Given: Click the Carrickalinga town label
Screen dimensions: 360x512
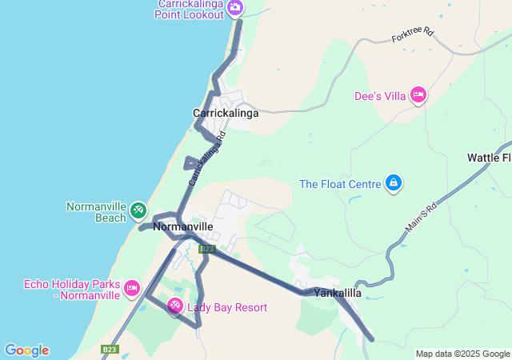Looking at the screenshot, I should [226, 114].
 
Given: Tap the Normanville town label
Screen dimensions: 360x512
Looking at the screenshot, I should [182, 227].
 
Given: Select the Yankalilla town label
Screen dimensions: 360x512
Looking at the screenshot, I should [338, 294].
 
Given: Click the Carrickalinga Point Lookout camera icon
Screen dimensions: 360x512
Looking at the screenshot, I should [234, 8].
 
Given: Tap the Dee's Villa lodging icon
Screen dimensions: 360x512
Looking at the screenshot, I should [418, 96].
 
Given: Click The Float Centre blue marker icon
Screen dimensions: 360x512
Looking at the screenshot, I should [393, 184].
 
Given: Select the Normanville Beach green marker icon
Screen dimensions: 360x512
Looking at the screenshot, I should [138, 210].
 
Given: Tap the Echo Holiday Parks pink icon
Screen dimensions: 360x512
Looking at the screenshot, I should [132, 287].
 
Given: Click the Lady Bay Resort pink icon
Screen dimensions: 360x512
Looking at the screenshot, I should [174, 306].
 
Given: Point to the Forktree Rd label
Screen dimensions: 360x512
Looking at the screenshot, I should [412, 36].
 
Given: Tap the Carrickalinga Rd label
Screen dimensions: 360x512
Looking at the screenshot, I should [207, 158].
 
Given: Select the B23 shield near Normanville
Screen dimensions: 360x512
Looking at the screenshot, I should [207, 249].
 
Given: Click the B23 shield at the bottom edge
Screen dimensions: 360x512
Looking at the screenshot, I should [110, 350].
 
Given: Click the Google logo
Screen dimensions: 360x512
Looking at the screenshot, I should [26, 350].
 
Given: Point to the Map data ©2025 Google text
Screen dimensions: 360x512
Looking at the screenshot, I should [462, 354].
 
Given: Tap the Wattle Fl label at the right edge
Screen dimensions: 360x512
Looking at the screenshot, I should [489, 158].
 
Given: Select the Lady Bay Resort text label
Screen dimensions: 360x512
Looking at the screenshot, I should [227, 307].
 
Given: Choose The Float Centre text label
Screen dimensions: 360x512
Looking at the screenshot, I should [340, 184].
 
